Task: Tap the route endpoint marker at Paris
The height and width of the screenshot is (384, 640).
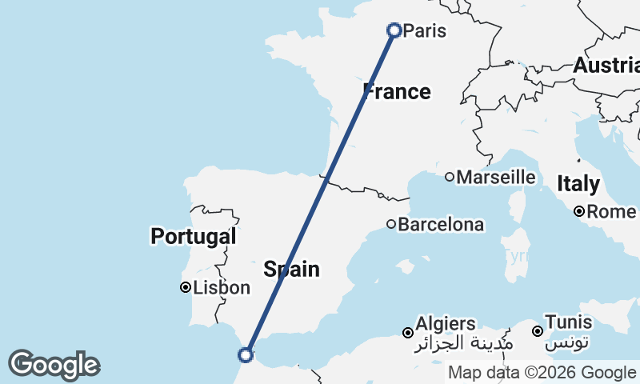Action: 394,30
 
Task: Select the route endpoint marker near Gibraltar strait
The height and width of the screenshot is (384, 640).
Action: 246,354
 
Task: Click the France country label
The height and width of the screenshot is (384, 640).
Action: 398,91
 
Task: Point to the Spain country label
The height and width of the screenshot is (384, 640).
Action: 292,269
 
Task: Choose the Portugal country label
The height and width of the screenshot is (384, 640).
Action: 193,236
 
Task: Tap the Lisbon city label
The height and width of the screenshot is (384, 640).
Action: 222,288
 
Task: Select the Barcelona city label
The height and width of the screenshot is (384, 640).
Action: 441,225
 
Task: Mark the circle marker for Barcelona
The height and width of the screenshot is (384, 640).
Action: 391,225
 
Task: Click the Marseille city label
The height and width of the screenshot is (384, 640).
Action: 496,177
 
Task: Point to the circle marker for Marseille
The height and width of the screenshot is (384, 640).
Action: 450,177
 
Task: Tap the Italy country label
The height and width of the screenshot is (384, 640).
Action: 578,184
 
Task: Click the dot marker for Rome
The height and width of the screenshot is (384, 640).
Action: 579,212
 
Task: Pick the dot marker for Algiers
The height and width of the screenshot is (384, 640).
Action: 408,332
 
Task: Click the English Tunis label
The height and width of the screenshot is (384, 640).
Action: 568,322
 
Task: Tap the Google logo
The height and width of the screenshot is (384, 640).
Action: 54,365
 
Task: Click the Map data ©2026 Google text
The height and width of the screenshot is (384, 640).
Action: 542,373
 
